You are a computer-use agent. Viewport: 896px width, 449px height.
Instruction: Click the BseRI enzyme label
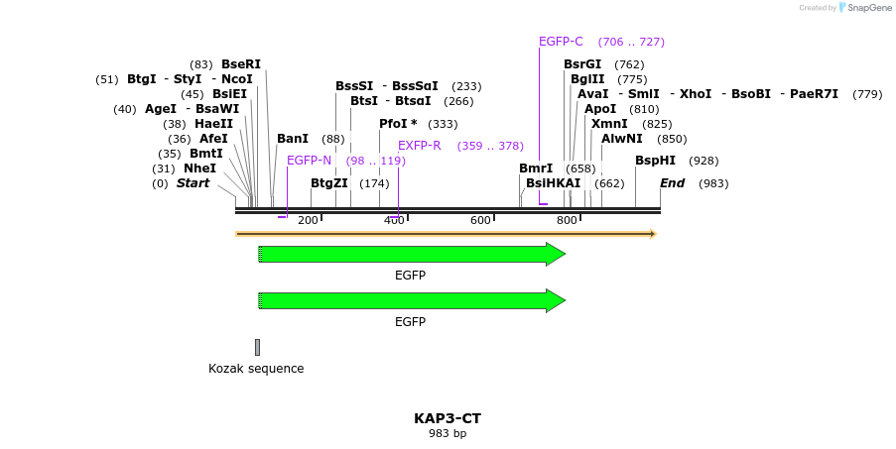pyautogui.click(x=240, y=64)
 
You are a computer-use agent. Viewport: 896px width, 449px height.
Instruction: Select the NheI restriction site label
pyautogui.click(x=199, y=168)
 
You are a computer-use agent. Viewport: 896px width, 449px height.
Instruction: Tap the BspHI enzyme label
pyautogui.click(x=655, y=161)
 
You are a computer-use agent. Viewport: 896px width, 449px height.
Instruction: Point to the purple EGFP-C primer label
pyautogui.click(x=561, y=42)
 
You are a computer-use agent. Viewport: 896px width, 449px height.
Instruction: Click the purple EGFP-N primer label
pyautogui.click(x=309, y=161)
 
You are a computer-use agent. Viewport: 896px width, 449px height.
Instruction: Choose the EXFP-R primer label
pyautogui.click(x=419, y=146)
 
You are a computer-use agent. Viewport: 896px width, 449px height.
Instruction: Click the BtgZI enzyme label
pyautogui.click(x=328, y=183)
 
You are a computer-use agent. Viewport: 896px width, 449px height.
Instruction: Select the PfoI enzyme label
pyautogui.click(x=398, y=124)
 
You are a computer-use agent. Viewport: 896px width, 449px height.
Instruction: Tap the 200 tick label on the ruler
pyautogui.click(x=308, y=219)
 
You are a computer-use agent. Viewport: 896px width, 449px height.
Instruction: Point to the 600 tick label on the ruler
pyautogui.click(x=480, y=219)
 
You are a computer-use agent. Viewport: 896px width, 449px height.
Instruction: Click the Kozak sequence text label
pyautogui.click(x=256, y=369)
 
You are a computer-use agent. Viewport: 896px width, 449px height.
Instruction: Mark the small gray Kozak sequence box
pyautogui.click(x=257, y=347)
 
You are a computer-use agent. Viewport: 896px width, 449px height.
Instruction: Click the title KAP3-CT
pyautogui.click(x=448, y=419)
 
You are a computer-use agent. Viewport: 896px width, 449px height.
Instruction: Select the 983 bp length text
pyautogui.click(x=448, y=434)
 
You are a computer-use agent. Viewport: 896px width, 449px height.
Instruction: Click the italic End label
pyautogui.click(x=672, y=183)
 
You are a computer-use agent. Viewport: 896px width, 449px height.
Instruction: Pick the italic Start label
pyautogui.click(x=192, y=183)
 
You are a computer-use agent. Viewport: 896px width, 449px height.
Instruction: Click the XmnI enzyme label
pyautogui.click(x=609, y=124)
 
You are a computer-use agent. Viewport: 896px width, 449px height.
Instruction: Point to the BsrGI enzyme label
pyautogui.click(x=582, y=64)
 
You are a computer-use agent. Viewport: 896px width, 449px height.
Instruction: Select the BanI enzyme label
pyautogui.click(x=293, y=139)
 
